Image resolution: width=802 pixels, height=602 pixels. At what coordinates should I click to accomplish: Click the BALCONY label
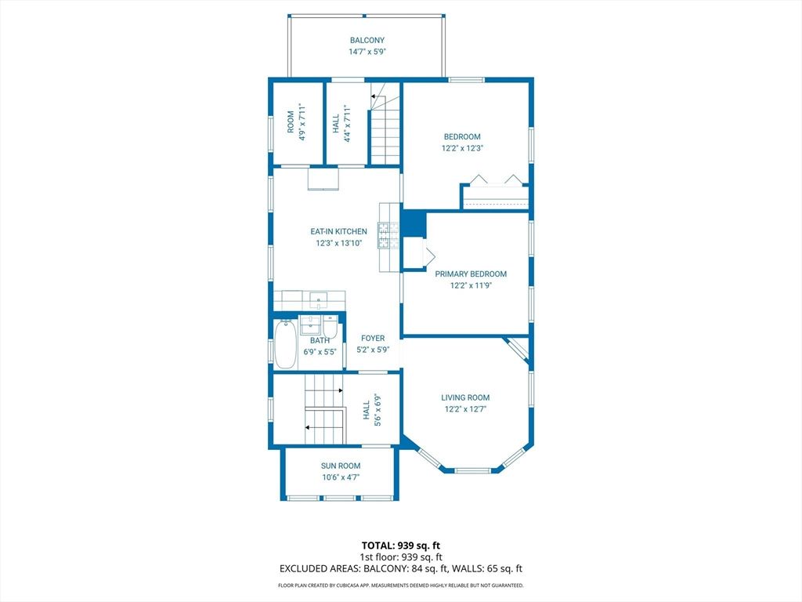coord(367,40)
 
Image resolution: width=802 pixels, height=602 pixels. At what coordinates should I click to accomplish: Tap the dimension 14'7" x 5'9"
coord(367,52)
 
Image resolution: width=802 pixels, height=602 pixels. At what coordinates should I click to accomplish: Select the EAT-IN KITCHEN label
coord(338,232)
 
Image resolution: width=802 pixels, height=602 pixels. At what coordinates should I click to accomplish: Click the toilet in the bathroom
coord(331,328)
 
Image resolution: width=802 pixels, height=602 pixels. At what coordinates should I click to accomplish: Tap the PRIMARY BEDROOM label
coord(471,274)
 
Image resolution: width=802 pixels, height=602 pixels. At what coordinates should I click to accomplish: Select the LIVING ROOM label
coord(465,397)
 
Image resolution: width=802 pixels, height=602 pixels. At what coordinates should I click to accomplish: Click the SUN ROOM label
coord(340,466)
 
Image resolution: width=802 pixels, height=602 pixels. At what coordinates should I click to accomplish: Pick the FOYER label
coord(373,338)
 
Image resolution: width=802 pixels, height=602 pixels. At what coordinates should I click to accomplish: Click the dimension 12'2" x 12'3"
coord(462,148)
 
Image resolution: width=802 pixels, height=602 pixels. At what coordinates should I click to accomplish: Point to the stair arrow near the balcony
coord(374,96)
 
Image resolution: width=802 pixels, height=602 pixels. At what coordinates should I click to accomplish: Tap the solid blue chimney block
coord(413,223)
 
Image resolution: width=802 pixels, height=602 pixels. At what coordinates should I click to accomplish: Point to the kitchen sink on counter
coord(319,299)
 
